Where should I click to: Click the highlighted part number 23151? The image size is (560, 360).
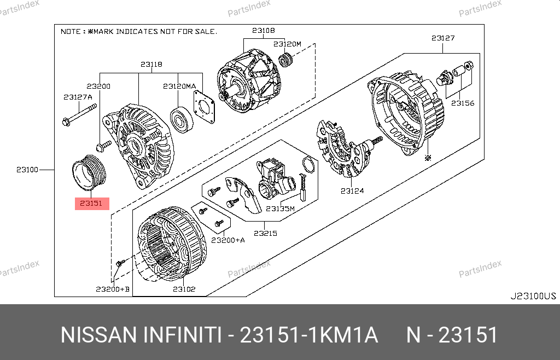(91, 203)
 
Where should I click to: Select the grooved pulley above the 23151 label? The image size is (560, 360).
(89, 173)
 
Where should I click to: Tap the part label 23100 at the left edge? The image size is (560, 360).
(27, 170)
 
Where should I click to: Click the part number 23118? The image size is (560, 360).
(151, 65)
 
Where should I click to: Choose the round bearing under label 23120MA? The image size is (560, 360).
(182, 120)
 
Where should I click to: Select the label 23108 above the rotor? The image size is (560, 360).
(264, 30)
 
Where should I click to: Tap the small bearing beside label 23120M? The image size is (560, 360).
(285, 60)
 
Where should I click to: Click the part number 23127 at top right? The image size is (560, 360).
(443, 38)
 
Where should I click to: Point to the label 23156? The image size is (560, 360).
(463, 103)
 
